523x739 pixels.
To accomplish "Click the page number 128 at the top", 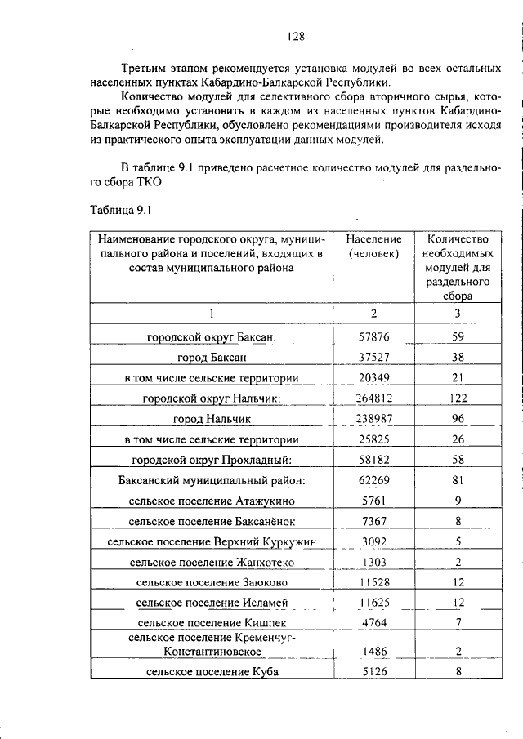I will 296,36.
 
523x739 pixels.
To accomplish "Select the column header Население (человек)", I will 373,247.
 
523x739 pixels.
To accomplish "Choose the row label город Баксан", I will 211,356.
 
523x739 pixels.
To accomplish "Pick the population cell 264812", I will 375,398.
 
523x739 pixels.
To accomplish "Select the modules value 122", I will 458,398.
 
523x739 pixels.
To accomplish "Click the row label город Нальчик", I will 211,419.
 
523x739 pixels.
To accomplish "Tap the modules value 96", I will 458,419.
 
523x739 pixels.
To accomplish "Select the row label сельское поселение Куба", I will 211,672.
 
